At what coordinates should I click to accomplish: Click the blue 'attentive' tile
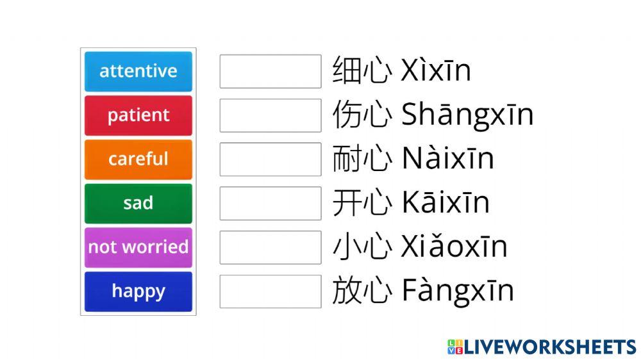(138, 71)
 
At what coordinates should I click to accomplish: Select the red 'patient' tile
(138, 115)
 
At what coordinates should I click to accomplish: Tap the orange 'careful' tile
(138, 159)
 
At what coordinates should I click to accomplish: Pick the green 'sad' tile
(138, 203)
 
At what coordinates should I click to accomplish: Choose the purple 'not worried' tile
(138, 247)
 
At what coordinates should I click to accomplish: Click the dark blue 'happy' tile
(138, 291)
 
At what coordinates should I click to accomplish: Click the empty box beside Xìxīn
(270, 71)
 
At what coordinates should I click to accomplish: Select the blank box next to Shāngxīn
(270, 115)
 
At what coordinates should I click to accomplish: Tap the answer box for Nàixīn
(270, 159)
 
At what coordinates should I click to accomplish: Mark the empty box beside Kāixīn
(270, 203)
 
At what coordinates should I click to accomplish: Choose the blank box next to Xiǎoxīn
(270, 247)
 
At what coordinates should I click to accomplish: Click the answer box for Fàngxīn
(270, 291)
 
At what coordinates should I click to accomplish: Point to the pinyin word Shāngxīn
(467, 115)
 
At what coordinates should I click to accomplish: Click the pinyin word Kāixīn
(445, 203)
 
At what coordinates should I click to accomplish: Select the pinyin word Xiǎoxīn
(454, 247)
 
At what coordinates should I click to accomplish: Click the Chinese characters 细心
(361, 71)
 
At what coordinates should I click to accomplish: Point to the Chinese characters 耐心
(361, 159)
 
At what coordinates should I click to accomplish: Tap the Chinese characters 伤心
(361, 115)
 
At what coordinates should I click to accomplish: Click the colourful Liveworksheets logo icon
(455, 347)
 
